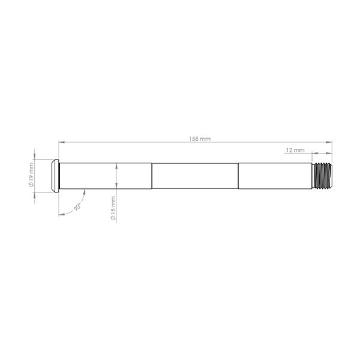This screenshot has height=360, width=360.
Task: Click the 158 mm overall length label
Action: tap(200, 139)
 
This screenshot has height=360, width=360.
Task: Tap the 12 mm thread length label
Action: tap(295, 150)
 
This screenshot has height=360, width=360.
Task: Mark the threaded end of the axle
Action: tap(323, 176)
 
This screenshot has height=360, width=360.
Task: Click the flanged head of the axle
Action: tap(55, 176)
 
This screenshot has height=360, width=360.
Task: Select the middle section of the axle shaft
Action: tap(195, 176)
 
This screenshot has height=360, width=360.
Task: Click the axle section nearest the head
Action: tap(105, 176)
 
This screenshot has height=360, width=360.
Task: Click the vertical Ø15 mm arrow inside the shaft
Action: tap(117, 176)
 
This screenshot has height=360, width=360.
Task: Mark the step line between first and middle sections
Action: tap(152, 176)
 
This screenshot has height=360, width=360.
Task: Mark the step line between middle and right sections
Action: tap(238, 176)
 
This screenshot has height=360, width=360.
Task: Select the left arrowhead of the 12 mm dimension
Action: tap(314, 154)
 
